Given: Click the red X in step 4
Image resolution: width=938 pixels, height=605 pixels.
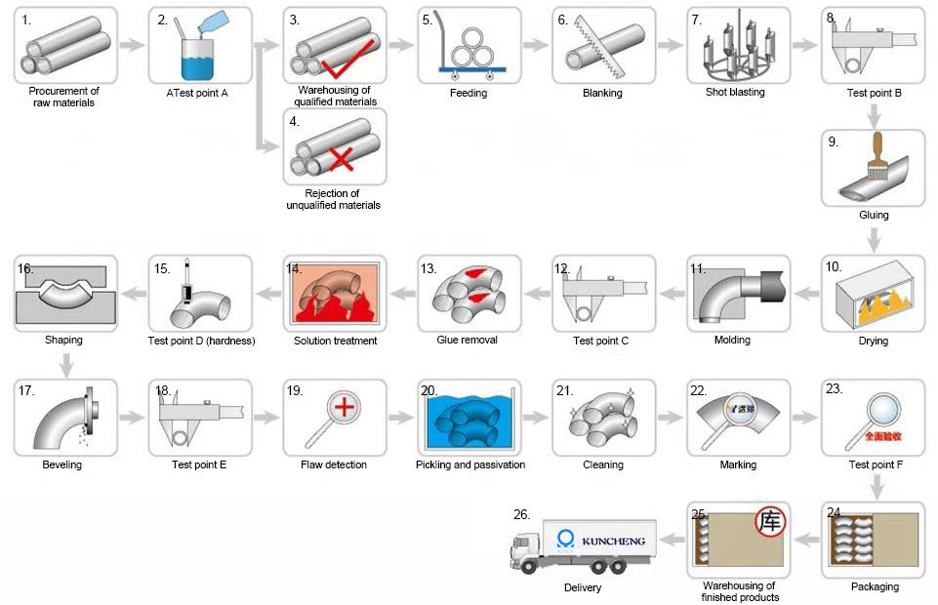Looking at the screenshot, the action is coord(342,160).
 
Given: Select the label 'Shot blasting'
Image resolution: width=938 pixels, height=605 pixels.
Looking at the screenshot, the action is coord(735,93).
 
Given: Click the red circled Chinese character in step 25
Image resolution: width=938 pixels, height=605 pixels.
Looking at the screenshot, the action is coord(771,522).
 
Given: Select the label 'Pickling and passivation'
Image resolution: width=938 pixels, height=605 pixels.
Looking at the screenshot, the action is coord(470,465).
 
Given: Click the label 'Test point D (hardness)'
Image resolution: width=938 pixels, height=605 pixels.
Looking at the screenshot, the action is coord(201,342).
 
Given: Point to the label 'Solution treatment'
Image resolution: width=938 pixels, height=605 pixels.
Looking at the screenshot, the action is coord(336,342).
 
